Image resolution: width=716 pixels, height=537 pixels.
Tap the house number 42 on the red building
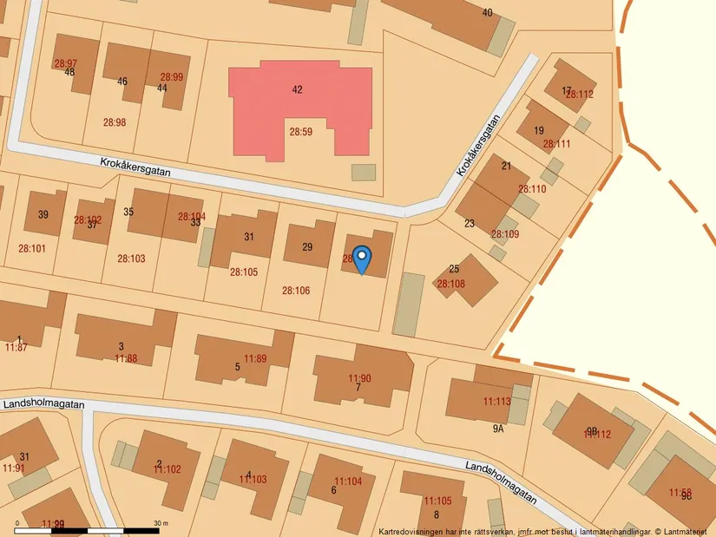click(x=298, y=89)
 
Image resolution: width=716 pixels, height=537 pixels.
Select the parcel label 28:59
click(x=300, y=132)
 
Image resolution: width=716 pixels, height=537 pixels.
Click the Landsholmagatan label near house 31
click(x=43, y=404)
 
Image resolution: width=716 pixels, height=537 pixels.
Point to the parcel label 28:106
click(x=296, y=291)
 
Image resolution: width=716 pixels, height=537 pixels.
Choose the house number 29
click(x=307, y=247)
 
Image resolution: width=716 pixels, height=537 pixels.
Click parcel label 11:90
click(x=359, y=378)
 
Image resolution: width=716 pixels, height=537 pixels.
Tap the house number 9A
click(x=498, y=429)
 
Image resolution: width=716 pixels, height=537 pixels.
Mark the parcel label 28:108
click(x=450, y=284)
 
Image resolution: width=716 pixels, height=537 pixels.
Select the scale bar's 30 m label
click(x=161, y=523)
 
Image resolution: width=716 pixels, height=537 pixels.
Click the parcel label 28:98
click(x=115, y=122)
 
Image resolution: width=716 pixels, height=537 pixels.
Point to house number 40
click(x=487, y=12)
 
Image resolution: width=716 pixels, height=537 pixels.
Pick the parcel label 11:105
click(x=437, y=501)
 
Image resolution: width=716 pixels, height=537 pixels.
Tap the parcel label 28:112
click(x=580, y=95)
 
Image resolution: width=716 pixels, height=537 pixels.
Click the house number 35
click(x=128, y=212)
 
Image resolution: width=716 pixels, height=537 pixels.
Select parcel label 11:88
click(x=126, y=358)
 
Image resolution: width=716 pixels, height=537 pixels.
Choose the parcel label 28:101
click(x=32, y=248)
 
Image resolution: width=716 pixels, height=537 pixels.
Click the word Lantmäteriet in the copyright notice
click(x=684, y=531)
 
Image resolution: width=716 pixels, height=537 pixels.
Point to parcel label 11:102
click(x=168, y=469)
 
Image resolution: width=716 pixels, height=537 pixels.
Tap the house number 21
click(x=507, y=166)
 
